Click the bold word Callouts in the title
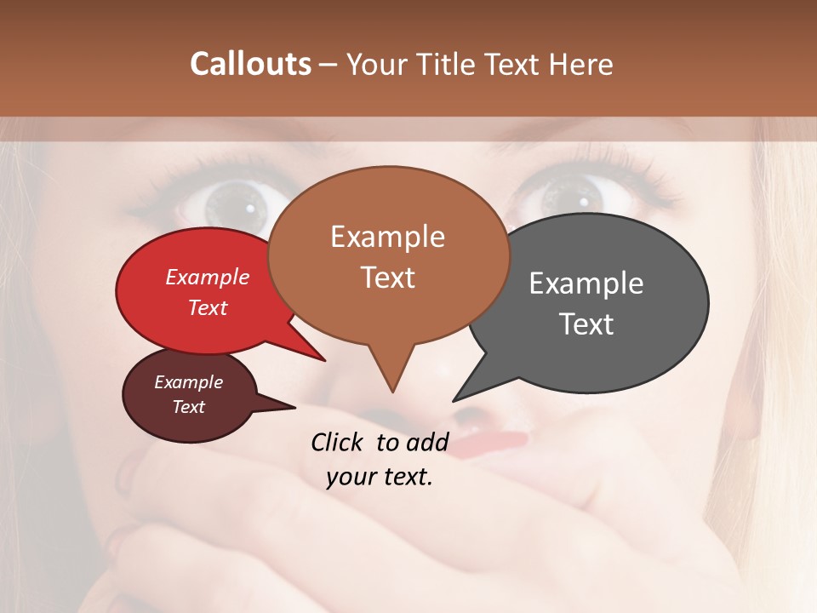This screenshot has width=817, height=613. point(250,64)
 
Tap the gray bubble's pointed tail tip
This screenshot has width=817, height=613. point(454,400)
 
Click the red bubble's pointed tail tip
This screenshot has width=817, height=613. point(324,360)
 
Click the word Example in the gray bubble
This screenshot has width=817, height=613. point(586,284)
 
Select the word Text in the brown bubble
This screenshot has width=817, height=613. point(388,278)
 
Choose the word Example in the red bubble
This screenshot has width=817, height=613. point(207,278)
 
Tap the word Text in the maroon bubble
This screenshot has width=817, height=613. point(188,407)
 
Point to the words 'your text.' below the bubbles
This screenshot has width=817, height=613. point(379,477)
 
